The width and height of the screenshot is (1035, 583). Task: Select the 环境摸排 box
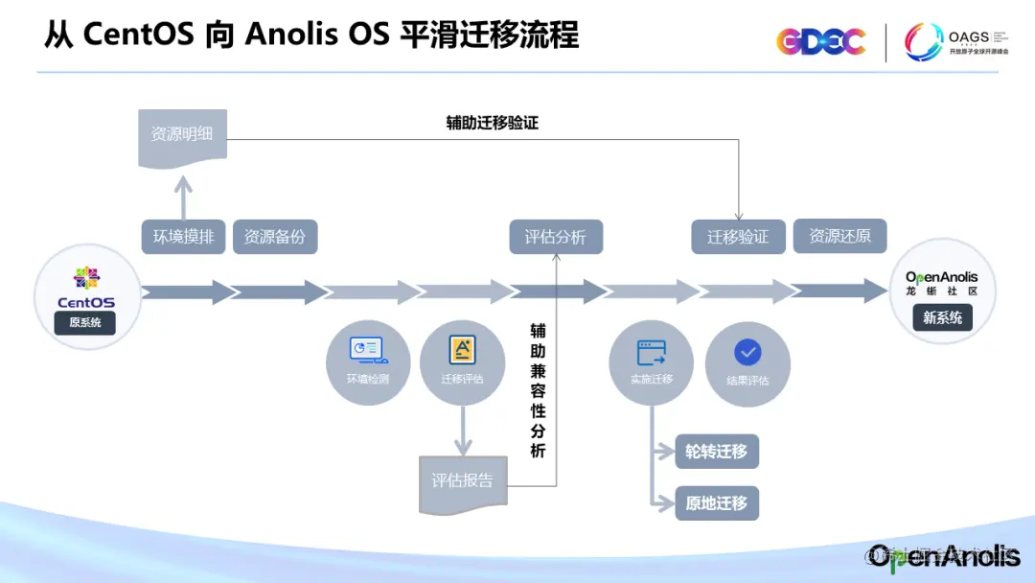[183, 236]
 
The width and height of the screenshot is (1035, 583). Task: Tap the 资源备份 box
[275, 236]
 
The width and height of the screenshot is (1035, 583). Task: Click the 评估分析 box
[556, 236]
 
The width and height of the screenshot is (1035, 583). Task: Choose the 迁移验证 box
[738, 237]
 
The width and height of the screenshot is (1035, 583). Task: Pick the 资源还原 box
[840, 236]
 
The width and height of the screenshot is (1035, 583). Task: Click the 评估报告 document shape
[462, 480]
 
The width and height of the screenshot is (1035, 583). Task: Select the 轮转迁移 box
[717, 451]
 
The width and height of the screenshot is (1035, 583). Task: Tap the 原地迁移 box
[717, 503]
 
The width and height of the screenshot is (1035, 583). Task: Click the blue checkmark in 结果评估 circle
[747, 352]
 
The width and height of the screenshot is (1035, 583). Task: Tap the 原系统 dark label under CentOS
[85, 323]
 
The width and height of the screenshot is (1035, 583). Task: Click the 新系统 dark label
[942, 317]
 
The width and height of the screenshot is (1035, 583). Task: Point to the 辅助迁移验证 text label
[493, 123]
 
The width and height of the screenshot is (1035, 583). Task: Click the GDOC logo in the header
[820, 41]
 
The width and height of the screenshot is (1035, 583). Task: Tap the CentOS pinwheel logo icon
[86, 278]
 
